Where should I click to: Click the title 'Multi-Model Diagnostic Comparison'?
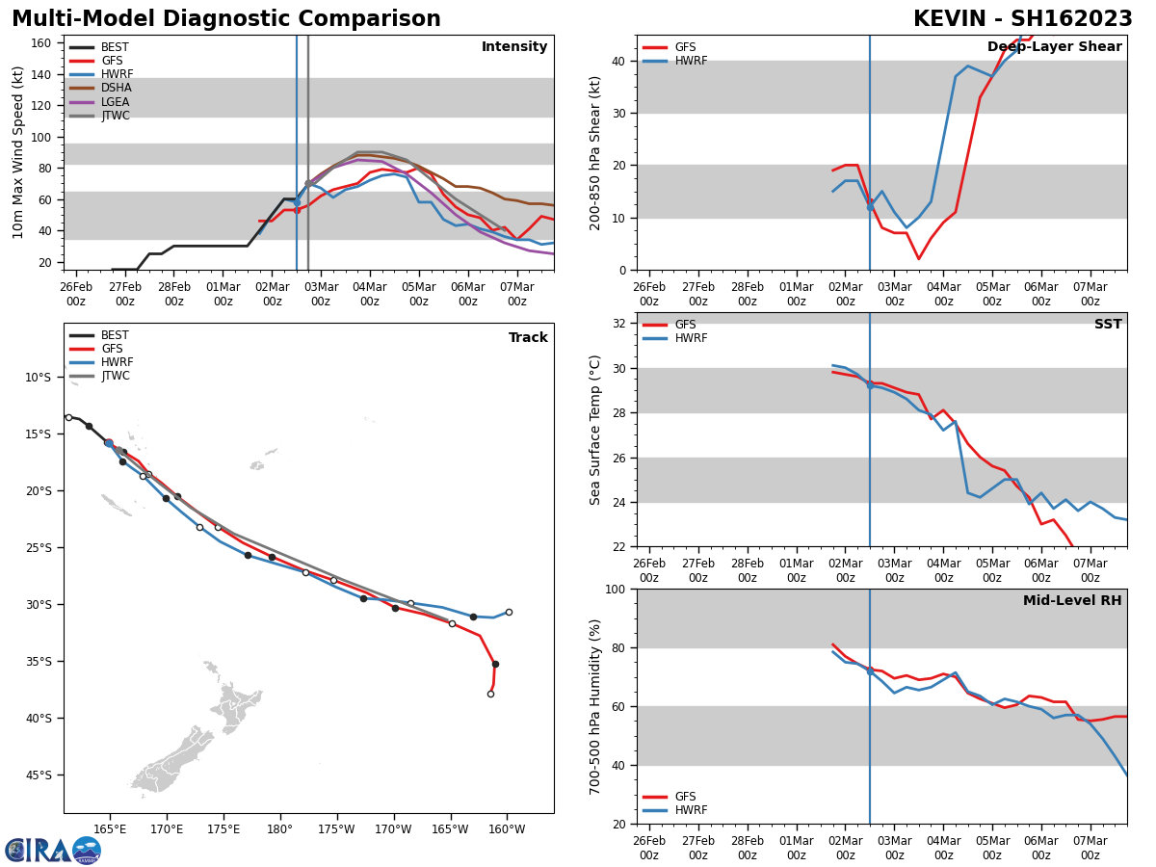coord(226,19)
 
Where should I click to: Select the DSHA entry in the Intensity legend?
coord(116,88)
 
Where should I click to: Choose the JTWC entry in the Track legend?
coord(116,376)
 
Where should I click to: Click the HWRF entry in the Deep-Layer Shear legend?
coord(690,61)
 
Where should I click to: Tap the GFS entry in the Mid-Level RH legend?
coord(686,797)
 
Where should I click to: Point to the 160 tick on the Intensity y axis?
coord(41,43)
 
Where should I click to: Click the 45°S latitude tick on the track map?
coord(39,775)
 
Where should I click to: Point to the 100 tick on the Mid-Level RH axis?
coord(613,589)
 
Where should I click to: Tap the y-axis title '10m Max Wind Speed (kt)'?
coord(18,152)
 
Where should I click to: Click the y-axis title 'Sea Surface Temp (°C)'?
coord(595,430)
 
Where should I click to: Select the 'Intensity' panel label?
coord(514,47)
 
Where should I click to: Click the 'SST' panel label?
coord(1108,325)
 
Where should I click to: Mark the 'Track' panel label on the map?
coord(528,338)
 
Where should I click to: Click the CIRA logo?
coord(53,850)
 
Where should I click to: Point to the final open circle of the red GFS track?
coord(490,694)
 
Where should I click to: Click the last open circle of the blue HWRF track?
coord(509,612)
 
